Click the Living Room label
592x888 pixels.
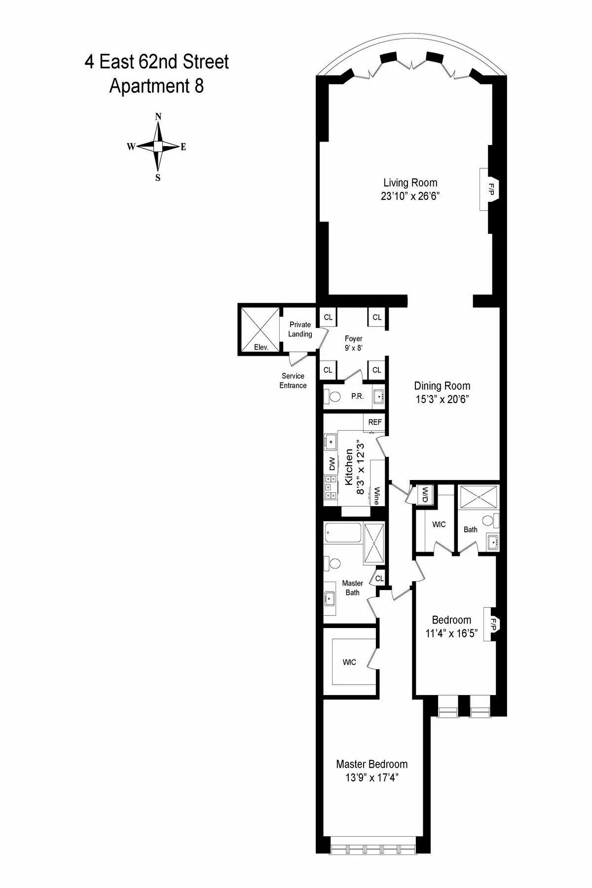410,183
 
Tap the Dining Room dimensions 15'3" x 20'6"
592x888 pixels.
442,399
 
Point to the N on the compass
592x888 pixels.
158,117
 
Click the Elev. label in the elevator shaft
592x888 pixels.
261,347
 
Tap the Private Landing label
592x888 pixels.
300,329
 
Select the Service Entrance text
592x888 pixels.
293,381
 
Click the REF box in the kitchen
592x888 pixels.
375,422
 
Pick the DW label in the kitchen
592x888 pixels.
332,464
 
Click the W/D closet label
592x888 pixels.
424,495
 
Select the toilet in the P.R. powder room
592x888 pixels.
334,397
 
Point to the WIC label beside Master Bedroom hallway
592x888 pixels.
349,662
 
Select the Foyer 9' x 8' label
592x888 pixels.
353,343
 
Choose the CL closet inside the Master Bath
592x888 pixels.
379,578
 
